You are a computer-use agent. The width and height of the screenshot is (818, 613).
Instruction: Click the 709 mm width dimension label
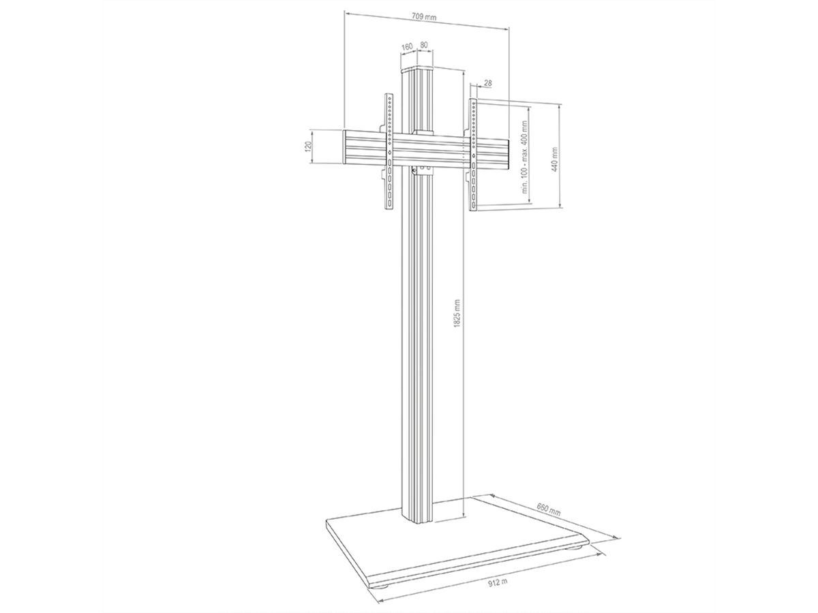pos(425,16)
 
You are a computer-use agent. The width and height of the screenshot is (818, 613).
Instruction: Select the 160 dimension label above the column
pos(407,46)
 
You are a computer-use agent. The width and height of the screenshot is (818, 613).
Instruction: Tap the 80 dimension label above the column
pos(423,46)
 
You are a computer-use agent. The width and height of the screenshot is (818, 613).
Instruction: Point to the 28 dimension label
pos(487,83)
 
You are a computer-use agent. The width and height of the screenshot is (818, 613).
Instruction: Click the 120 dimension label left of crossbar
pos(308,146)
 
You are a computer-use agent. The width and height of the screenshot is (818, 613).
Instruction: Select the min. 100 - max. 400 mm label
pos(526,158)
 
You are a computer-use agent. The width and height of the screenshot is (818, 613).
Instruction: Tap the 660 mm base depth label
pos(549,509)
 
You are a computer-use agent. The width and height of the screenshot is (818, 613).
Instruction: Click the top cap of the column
pos(418,69)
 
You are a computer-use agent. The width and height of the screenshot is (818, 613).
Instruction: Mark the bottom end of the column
pos(418,521)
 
